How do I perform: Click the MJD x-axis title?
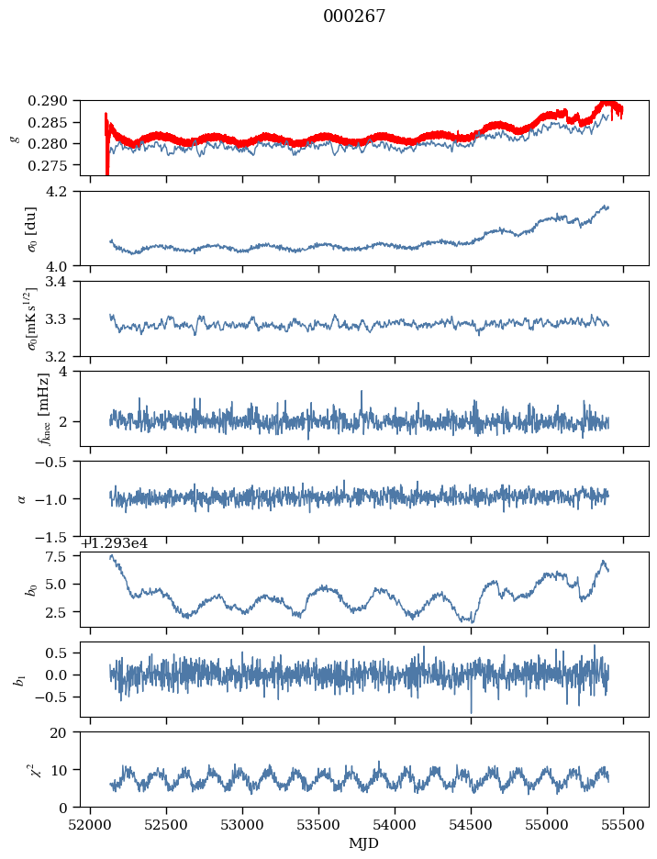click(x=364, y=842)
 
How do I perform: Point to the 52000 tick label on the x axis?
click(x=90, y=824)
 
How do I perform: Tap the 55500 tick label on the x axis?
click(x=624, y=824)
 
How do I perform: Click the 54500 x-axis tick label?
click(x=472, y=824)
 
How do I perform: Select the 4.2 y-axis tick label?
click(x=64, y=192)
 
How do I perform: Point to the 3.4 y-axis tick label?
click(x=64, y=282)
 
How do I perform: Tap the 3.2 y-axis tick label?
click(x=64, y=356)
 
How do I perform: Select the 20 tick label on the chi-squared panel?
click(x=66, y=732)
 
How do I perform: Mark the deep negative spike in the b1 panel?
click(x=472, y=710)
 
